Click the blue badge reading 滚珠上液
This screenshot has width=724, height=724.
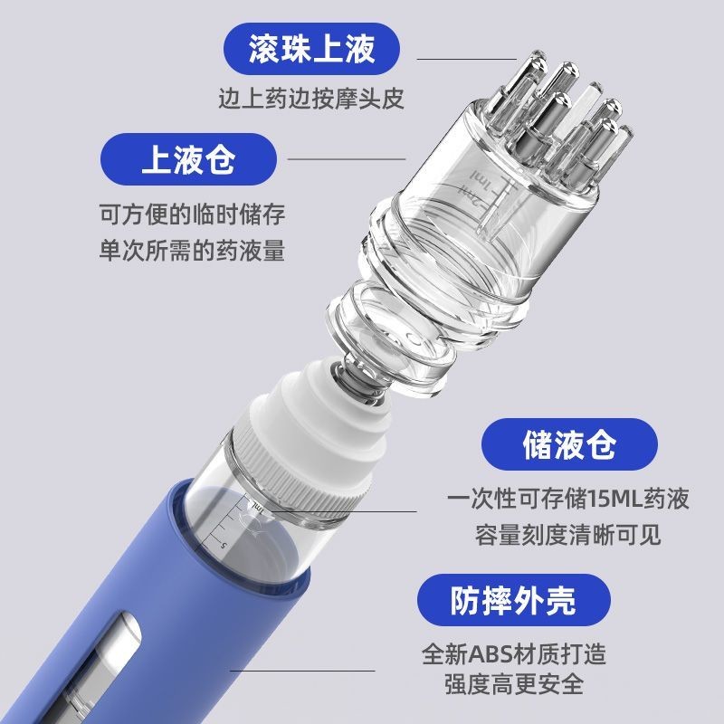(x=311, y=49)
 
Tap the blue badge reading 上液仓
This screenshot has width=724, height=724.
(x=188, y=159)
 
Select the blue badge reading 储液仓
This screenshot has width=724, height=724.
(x=569, y=444)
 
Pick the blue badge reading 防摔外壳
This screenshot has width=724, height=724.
(x=514, y=600)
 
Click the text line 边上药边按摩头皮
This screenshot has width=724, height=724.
(x=311, y=99)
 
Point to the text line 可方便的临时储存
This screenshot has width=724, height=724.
(x=192, y=214)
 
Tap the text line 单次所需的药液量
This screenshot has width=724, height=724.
(x=192, y=251)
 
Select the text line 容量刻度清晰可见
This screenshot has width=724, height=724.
(x=568, y=535)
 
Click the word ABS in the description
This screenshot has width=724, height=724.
(x=491, y=654)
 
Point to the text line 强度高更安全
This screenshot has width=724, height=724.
(x=514, y=684)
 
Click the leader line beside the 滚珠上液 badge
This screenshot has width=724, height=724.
(x=467, y=59)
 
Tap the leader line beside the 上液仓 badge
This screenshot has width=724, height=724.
(x=347, y=159)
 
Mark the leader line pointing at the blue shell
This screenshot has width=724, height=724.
(x=302, y=671)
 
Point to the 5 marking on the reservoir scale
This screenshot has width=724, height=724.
(x=224, y=546)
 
